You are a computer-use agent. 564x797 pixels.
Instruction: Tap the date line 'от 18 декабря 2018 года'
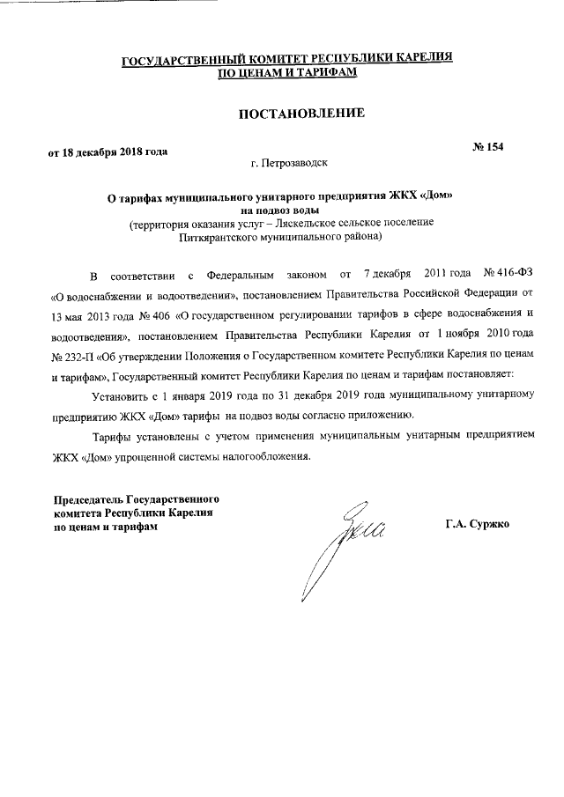pos(108,151)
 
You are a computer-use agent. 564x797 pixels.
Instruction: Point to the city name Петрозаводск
pos(294,164)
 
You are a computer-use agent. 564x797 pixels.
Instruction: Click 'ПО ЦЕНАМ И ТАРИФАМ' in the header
pos(287,73)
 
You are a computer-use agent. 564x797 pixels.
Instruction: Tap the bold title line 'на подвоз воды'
pos(281,210)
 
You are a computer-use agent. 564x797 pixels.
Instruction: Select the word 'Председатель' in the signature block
pos(89,498)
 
